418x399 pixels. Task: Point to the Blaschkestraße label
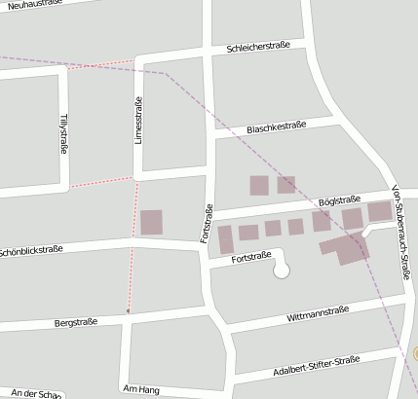coord(277,127)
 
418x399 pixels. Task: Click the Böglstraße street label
coord(340,200)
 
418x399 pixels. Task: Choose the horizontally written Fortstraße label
coord(251,258)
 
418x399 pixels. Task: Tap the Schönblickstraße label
coord(32,250)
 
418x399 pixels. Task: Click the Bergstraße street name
coord(76,321)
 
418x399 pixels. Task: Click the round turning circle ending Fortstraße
coord(282,271)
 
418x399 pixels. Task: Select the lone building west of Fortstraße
coord(151,222)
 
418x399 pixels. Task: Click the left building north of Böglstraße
coord(258,185)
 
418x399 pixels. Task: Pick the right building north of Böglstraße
coord(285,184)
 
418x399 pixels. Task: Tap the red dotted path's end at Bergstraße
coord(127,311)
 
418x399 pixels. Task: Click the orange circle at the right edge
coord(414,354)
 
